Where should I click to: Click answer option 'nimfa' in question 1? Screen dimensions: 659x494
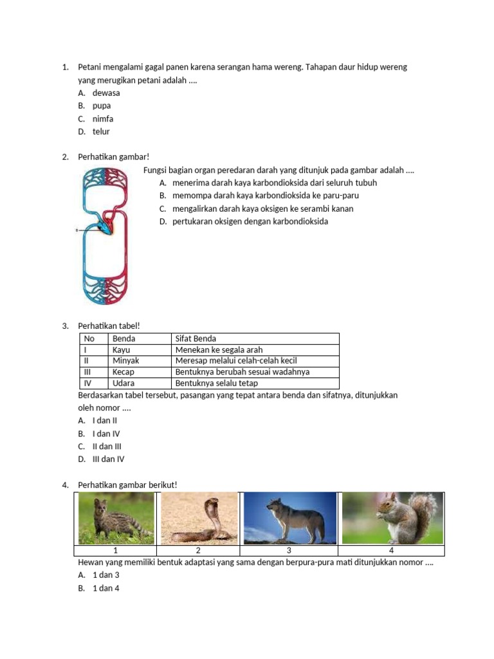coord(102,118)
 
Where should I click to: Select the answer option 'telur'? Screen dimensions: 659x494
coord(101,131)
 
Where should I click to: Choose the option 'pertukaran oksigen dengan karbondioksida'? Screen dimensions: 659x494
coord(250,221)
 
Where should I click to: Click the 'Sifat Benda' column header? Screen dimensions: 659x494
coord(196,339)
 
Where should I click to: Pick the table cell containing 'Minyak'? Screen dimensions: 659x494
coord(125,361)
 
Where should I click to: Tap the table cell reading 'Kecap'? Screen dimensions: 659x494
coord(123,372)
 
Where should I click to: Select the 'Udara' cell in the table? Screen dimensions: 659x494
coord(123,383)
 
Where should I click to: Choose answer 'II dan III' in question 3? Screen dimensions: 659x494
coord(107,446)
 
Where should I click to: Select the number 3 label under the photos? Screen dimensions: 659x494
coord(289,550)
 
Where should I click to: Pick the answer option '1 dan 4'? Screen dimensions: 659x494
coord(106,588)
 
